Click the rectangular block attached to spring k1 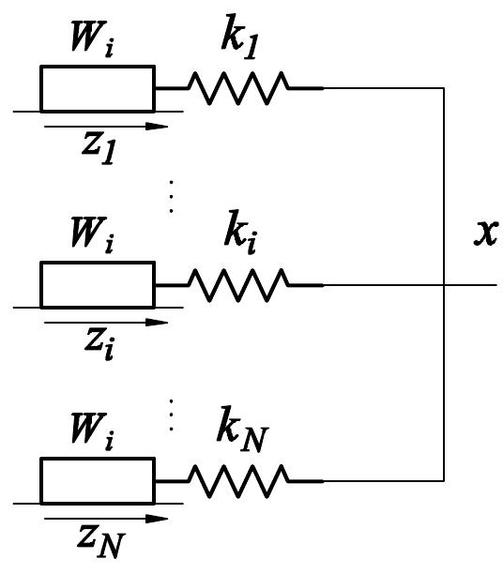(97, 88)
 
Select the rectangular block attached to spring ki (97, 284)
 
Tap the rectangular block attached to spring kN (97, 481)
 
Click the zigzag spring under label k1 (238, 89)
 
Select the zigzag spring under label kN (238, 481)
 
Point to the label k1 (236, 43)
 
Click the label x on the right (484, 233)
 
